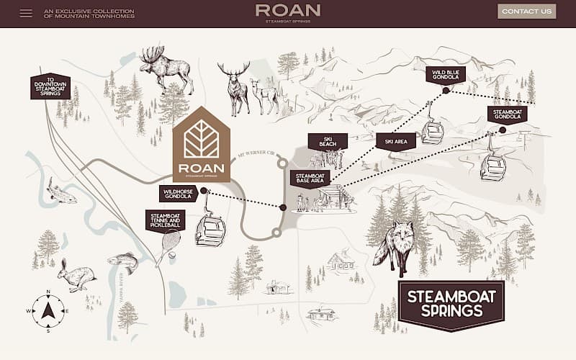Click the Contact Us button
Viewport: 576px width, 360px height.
[526, 12]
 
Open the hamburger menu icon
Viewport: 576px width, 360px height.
[26, 13]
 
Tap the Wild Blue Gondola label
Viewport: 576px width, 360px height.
[445, 74]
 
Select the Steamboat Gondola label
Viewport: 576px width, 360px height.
[507, 114]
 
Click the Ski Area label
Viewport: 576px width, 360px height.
[395, 142]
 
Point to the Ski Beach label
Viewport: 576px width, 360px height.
[328, 141]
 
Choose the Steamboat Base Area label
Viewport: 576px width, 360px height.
[310, 178]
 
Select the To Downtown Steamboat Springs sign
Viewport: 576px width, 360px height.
[50, 86]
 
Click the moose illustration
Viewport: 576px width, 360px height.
[165, 68]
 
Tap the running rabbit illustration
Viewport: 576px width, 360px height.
[76, 276]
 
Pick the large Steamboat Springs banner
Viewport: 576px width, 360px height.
[451, 305]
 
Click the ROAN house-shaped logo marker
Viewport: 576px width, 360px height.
[202, 145]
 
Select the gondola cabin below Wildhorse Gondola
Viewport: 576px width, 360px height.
[210, 230]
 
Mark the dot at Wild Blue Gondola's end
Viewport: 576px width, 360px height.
[446, 91]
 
